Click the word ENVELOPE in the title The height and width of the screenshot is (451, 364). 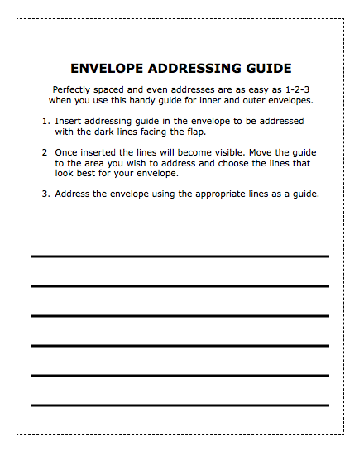[103, 68]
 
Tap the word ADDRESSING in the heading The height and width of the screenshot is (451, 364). [187, 68]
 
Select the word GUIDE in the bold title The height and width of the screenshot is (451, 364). [264, 68]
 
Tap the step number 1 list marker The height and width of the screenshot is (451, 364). [45, 121]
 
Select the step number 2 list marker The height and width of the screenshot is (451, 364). [45, 152]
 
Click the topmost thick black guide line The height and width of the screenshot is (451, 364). [180, 257]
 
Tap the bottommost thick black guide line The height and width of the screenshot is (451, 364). [180, 405]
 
